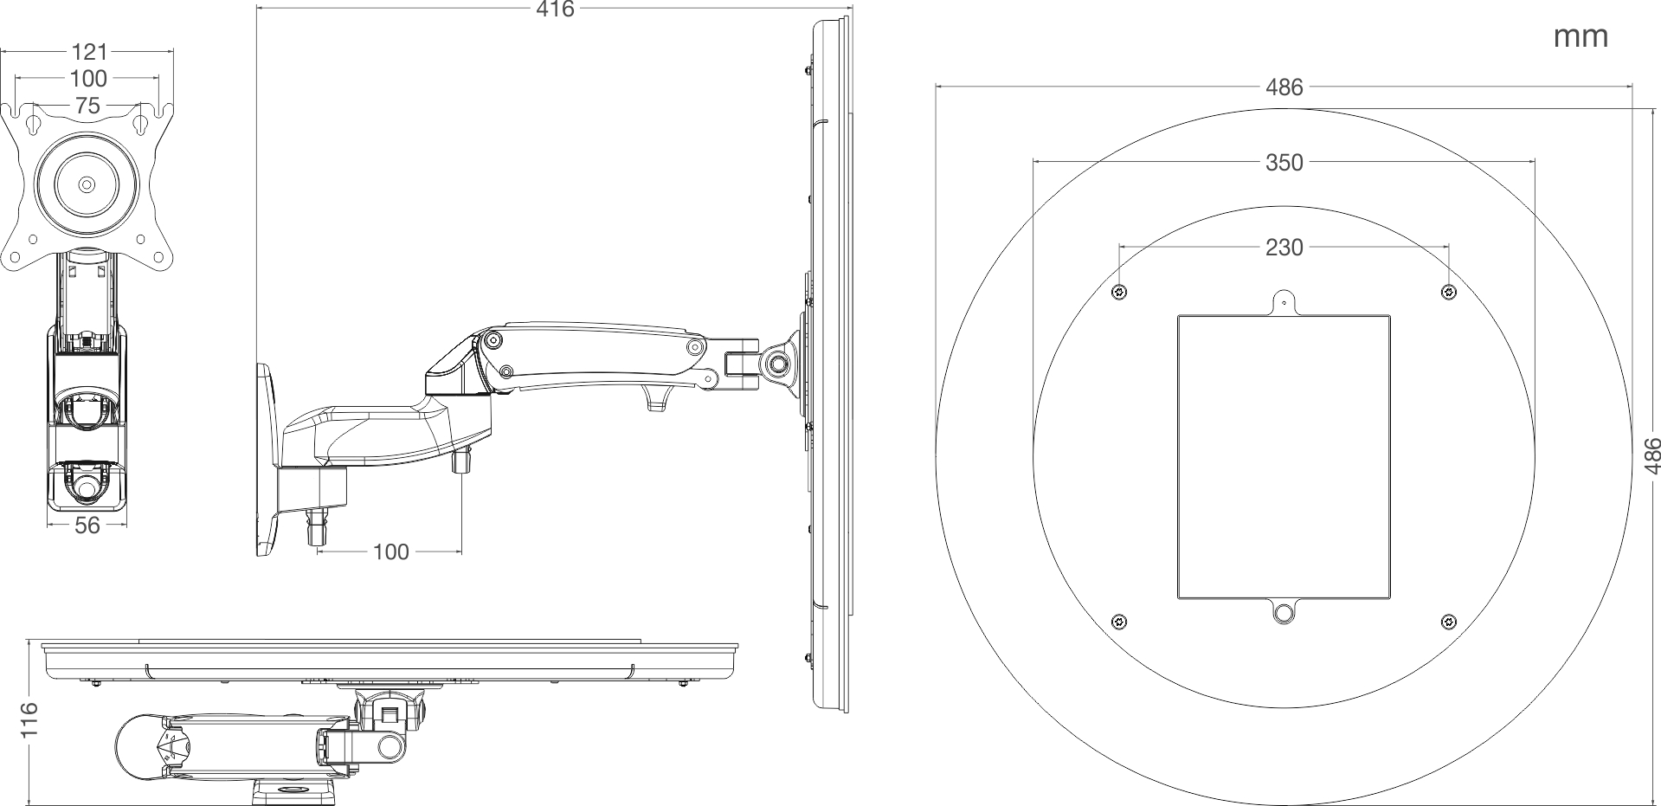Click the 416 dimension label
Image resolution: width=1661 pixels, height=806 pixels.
(555, 10)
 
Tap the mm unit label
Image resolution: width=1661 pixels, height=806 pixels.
(1581, 36)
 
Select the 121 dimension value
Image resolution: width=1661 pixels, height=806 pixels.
(88, 52)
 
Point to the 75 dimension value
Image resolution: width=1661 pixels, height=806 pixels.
(88, 106)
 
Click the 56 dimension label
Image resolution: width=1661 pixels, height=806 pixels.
(87, 525)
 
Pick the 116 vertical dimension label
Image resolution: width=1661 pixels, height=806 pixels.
(29, 720)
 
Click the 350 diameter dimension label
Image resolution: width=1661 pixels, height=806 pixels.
(1284, 162)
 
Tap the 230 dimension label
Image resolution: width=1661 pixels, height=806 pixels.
(1284, 248)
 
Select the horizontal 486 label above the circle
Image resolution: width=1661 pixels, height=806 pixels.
(1284, 87)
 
